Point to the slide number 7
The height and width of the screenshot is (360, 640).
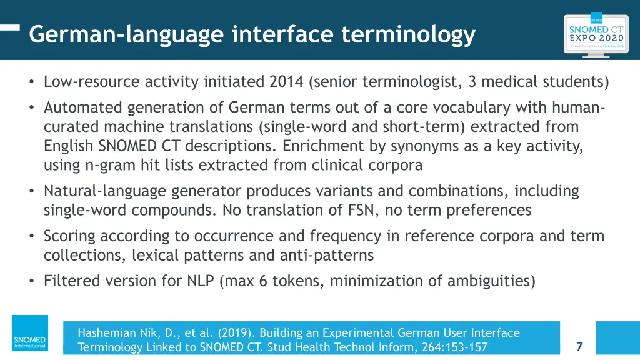point(579,346)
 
